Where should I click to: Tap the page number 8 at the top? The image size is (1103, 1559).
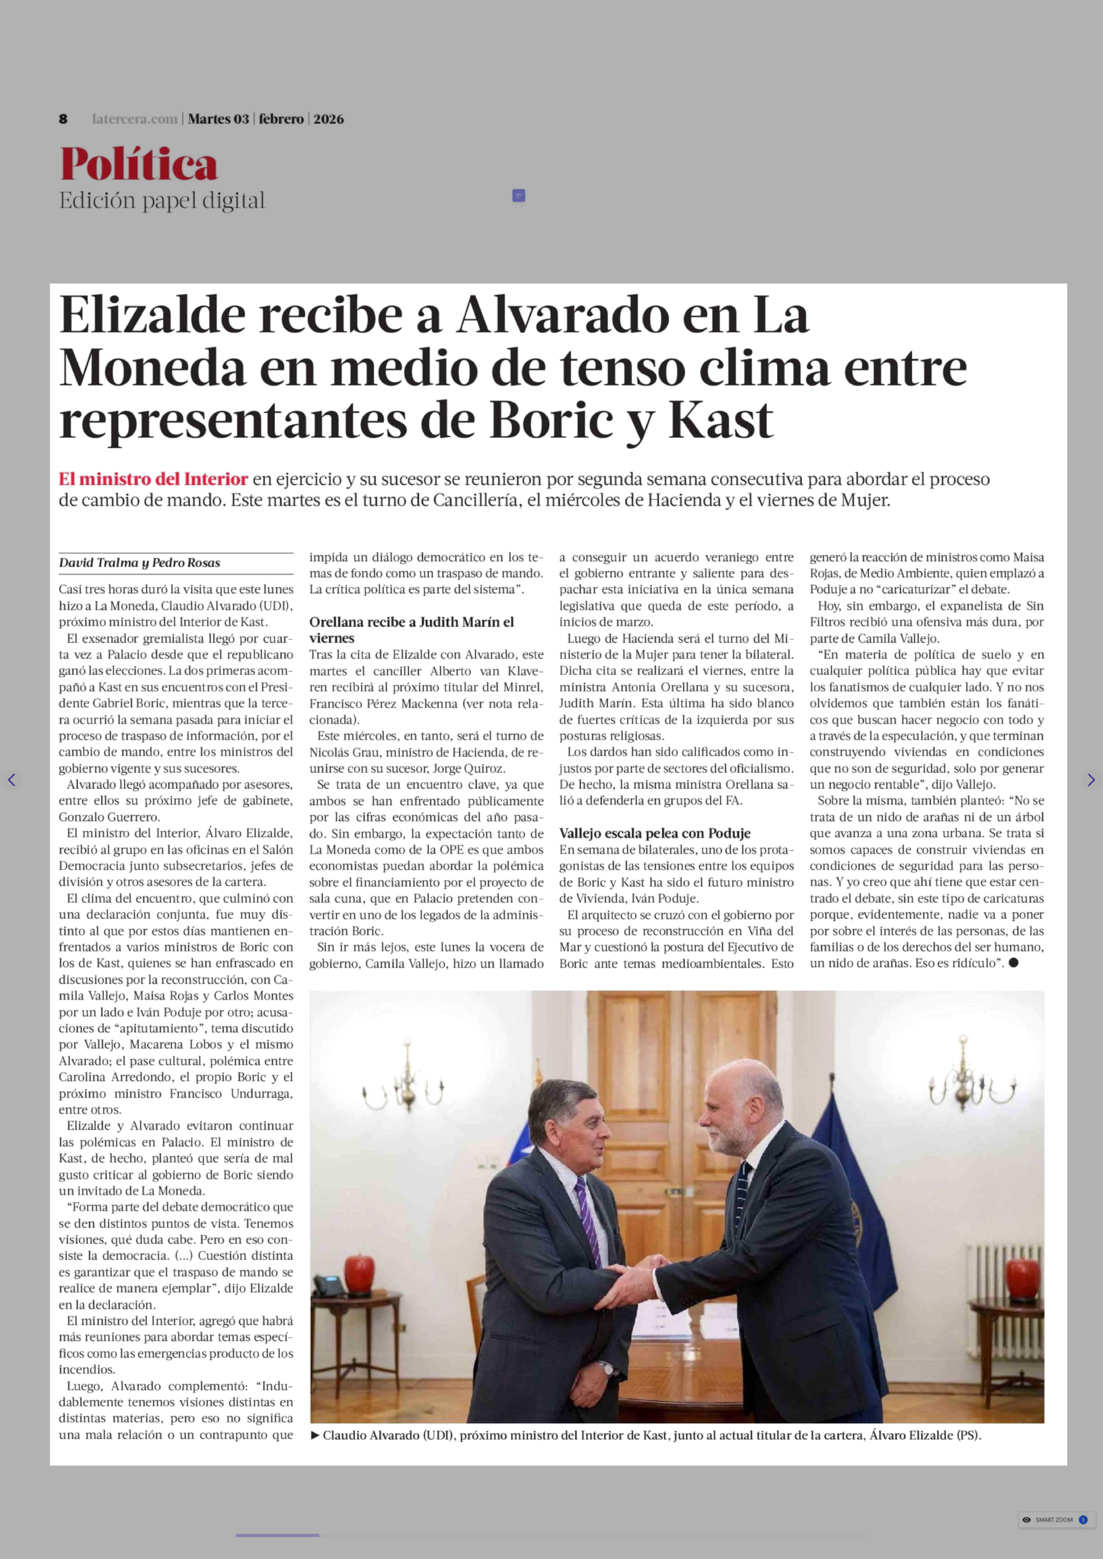click(x=63, y=119)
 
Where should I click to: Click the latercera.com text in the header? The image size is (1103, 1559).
click(x=134, y=119)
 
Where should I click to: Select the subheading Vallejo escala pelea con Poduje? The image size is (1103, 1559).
click(x=655, y=833)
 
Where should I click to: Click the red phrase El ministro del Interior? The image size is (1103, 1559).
click(x=153, y=479)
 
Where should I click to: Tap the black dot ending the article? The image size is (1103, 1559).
click(x=1013, y=963)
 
